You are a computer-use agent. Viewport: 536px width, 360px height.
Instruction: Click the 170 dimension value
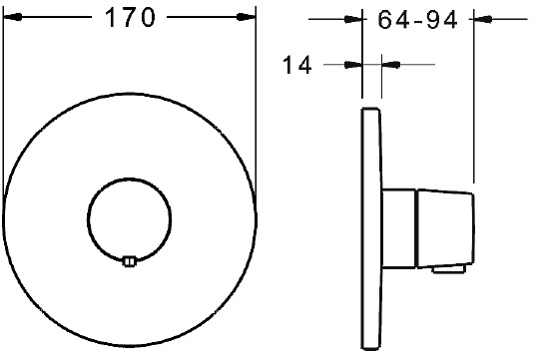[x=130, y=17]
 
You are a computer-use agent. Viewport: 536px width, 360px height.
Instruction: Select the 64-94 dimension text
[x=417, y=20]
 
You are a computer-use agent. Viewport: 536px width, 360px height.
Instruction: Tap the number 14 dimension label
[x=297, y=65]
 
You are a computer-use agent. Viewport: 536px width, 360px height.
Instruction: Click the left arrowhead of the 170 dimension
[x=12, y=17]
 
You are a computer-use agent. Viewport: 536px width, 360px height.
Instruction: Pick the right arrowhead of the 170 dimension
[x=247, y=17]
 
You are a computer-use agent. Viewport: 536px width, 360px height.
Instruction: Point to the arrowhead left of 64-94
[x=352, y=19]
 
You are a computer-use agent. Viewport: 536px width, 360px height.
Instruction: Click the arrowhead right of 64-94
[x=483, y=19]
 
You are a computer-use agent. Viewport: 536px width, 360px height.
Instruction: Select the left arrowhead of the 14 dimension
[x=352, y=64]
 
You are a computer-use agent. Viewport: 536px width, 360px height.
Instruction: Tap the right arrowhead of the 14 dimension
[x=390, y=64]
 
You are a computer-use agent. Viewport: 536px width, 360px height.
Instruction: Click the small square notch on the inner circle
[x=129, y=261]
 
